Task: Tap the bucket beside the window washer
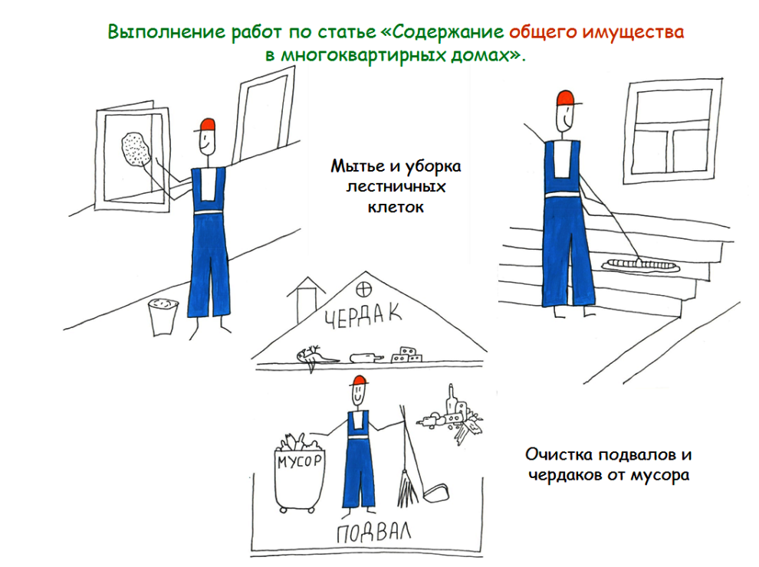tap(163, 317)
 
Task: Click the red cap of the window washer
tap(206, 126)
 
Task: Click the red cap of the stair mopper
tap(565, 99)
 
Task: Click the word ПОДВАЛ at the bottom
tap(373, 533)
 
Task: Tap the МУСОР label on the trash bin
tap(299, 460)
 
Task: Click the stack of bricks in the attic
tap(406, 355)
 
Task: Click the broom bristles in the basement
tap(406, 487)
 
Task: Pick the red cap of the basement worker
tap(359, 381)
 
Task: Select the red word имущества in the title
tap(633, 32)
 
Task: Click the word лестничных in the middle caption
tap(396, 186)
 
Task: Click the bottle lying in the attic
tap(366, 358)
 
